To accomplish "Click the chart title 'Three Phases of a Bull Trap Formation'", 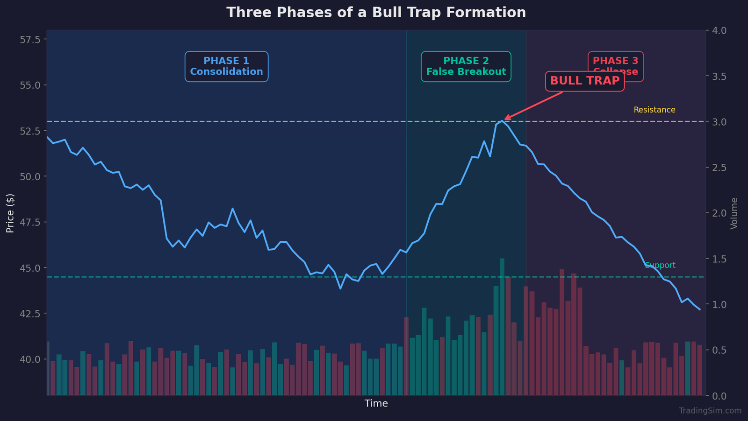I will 376,13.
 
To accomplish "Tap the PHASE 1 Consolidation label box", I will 226,66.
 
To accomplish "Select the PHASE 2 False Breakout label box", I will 466,66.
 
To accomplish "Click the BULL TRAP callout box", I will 584,81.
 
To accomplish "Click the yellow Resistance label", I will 654,110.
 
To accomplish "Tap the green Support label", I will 660,265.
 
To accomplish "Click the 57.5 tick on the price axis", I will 30,39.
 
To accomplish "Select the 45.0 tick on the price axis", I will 30,268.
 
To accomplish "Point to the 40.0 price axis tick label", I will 30,359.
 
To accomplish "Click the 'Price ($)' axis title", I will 10,213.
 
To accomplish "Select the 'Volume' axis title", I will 734,213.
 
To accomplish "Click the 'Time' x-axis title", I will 376,404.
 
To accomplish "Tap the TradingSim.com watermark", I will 710,411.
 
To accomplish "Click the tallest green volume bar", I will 502,327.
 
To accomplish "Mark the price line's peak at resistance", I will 502,121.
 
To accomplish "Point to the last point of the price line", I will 699,309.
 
